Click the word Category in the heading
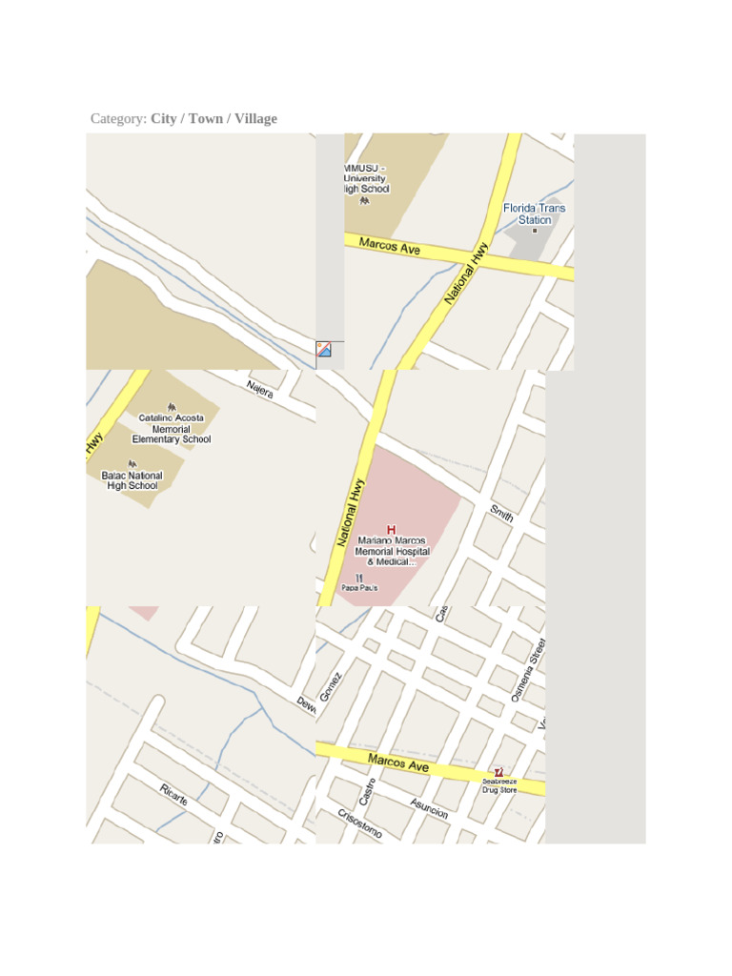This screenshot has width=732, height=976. (118, 119)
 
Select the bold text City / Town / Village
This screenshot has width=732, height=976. (213, 119)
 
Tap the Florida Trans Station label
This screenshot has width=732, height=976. (534, 213)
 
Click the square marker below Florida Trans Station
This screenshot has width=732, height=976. (535, 231)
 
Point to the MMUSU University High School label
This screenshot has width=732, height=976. (366, 178)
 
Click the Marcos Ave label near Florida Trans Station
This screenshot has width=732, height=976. (390, 247)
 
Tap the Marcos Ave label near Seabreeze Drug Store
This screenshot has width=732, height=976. (398, 762)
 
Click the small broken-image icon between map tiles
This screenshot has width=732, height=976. (324, 349)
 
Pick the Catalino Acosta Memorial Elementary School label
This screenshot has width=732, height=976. (172, 429)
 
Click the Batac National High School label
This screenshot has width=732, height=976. (132, 480)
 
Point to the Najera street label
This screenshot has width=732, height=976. (260, 389)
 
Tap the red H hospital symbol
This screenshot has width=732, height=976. (391, 529)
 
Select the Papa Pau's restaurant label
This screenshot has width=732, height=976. (359, 587)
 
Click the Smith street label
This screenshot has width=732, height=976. (501, 515)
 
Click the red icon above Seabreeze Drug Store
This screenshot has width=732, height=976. (498, 772)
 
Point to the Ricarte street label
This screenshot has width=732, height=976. (173, 794)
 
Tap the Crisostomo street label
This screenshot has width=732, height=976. (359, 823)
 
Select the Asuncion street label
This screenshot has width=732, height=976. (429, 807)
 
